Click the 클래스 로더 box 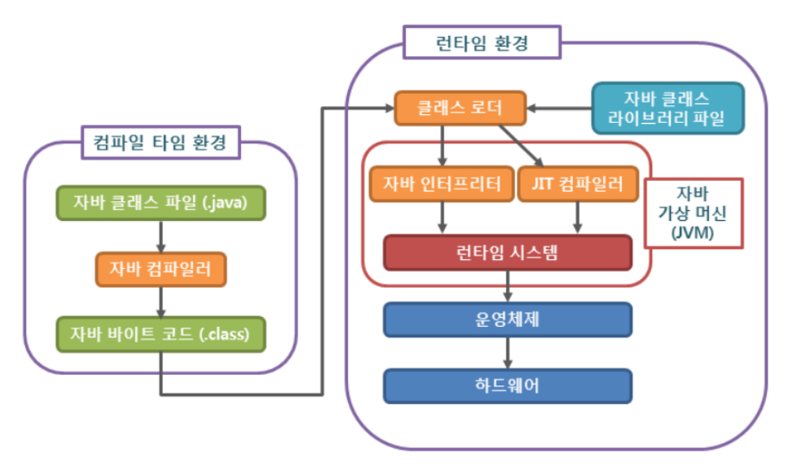tap(460, 108)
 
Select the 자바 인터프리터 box tap(442, 184)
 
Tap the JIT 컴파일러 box tap(578, 184)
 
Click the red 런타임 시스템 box tap(508, 253)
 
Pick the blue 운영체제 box tap(508, 319)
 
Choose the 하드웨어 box tap(508, 386)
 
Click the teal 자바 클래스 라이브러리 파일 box tap(668, 108)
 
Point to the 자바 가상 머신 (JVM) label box tap(694, 213)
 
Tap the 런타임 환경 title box tap(482, 42)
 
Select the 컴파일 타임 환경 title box tap(161, 142)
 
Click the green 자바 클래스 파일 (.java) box tap(161, 203)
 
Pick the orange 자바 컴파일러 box tap(161, 269)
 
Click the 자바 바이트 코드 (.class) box tap(161, 334)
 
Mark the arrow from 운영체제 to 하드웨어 tap(508, 353)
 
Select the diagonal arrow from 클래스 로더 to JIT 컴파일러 tap(522, 146)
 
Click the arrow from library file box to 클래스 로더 tap(559, 108)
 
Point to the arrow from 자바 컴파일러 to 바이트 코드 tap(161, 302)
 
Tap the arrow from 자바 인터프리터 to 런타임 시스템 tap(443, 218)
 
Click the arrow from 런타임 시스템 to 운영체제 tap(508, 286)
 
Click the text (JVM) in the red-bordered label tap(693, 233)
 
